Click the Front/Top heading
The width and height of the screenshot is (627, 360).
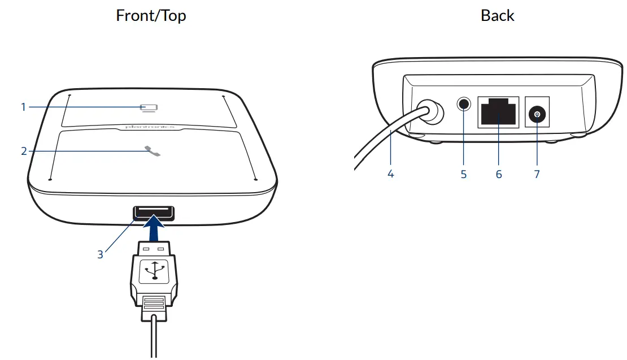pyautogui.click(x=151, y=15)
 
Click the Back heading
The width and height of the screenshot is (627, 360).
pyautogui.click(x=497, y=15)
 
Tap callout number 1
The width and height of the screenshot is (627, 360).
pyautogui.click(x=23, y=106)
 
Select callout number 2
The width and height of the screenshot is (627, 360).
pyautogui.click(x=24, y=151)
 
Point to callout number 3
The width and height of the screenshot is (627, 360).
pyautogui.click(x=100, y=254)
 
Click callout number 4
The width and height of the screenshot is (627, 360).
pyautogui.click(x=390, y=174)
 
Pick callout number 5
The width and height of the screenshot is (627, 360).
pyautogui.click(x=464, y=174)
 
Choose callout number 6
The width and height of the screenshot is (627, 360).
pyautogui.click(x=499, y=174)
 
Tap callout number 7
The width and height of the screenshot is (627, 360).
pyautogui.click(x=537, y=174)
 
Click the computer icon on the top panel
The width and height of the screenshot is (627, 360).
pyautogui.click(x=149, y=107)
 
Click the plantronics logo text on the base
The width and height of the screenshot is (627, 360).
pyautogui.click(x=150, y=128)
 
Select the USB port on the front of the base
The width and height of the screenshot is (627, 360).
pyautogui.click(x=154, y=212)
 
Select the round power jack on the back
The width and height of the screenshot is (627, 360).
pyautogui.click(x=537, y=115)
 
